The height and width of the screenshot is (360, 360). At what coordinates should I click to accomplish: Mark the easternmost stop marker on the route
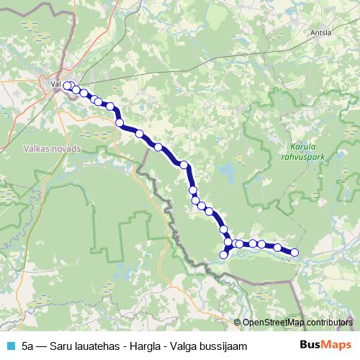(294, 252)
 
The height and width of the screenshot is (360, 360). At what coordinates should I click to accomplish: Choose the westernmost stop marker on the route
(67, 86)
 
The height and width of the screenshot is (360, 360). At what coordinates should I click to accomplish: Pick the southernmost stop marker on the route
(224, 254)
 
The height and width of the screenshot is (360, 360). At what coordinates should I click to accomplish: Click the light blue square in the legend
(9, 346)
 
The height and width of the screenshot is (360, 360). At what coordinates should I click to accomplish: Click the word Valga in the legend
(180, 346)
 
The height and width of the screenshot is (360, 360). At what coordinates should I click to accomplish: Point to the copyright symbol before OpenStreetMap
(238, 323)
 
